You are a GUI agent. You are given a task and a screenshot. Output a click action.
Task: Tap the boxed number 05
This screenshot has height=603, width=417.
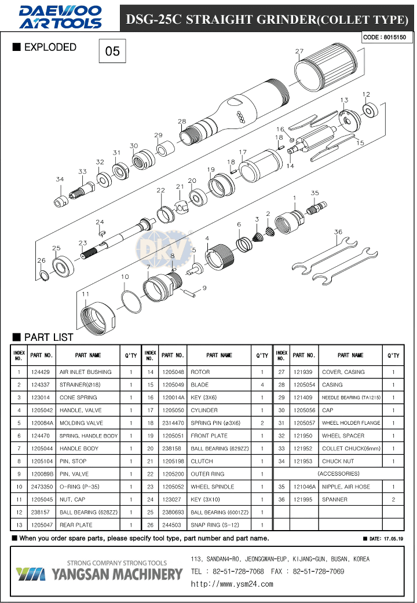click(112, 52)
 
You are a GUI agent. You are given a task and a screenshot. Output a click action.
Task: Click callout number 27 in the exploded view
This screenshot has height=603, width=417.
click(299, 52)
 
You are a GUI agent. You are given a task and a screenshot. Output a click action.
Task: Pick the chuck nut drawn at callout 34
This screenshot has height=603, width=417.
click(60, 201)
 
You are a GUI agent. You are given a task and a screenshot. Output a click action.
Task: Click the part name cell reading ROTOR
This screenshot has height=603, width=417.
click(220, 372)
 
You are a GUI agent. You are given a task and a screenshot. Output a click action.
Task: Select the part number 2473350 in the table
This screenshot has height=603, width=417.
click(42, 487)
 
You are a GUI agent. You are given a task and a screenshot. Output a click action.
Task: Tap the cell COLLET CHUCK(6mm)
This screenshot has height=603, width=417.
click(350, 448)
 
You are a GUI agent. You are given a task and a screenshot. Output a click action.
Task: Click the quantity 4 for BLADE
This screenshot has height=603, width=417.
click(262, 385)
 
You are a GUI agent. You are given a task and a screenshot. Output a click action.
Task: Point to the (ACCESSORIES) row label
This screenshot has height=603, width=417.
click(338, 474)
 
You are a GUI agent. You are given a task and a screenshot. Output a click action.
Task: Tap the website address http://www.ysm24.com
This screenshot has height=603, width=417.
click(232, 584)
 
